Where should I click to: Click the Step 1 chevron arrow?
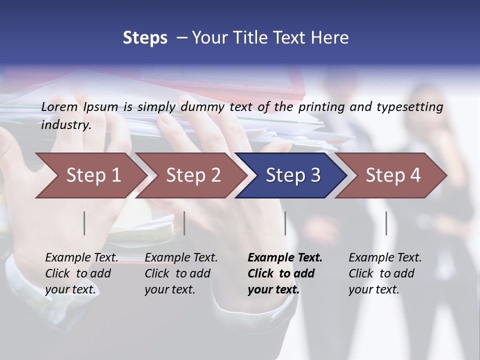point(93,175)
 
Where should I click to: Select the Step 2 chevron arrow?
point(193,175)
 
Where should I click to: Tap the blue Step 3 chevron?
point(293,175)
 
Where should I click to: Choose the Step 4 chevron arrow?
point(393,175)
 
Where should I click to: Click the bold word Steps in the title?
point(145,37)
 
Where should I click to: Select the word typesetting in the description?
point(408,106)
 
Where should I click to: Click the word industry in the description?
point(65,124)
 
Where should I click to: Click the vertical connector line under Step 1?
point(84,223)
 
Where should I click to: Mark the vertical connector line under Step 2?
point(184,223)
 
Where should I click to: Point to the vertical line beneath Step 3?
point(285,223)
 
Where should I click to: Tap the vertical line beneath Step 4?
point(386,223)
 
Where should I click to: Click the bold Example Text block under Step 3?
point(285,273)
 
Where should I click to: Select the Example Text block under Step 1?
point(81,273)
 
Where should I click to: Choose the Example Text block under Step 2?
point(181,273)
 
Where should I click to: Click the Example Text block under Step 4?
point(385,273)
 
